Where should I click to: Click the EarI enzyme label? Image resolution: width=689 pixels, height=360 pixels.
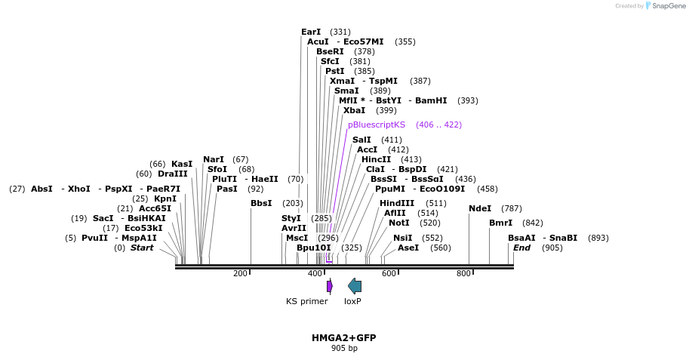tap(311, 32)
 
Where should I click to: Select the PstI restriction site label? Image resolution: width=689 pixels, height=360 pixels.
tap(334, 71)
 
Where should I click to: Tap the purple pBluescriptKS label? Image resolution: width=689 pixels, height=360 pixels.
tap(376, 125)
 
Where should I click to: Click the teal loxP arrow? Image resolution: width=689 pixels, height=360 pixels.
tap(354, 286)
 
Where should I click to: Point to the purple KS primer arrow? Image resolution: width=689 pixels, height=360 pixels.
tap(329, 286)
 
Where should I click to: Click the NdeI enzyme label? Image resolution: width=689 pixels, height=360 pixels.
tap(480, 208)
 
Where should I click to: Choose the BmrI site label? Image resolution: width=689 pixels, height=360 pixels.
tap(500, 223)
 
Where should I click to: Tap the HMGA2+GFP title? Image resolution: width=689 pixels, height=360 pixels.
tap(343, 337)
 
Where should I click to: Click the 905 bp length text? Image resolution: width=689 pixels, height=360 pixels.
tap(343, 348)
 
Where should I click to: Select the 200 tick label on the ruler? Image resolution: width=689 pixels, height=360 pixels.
tap(240, 273)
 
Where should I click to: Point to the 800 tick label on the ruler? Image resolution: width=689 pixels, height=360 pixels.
tap(463, 273)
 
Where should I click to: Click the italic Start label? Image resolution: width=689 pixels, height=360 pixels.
tap(142, 248)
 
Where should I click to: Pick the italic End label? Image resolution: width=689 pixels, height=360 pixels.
tap(521, 248)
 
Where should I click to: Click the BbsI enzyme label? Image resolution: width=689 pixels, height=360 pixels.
tap(261, 203)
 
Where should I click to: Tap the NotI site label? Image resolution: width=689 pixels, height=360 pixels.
tap(398, 223)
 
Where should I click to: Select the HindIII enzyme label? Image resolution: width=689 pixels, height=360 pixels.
tap(397, 203)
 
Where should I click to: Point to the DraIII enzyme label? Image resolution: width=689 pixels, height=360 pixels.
tap(173, 174)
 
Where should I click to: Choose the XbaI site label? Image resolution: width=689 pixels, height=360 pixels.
tap(354, 110)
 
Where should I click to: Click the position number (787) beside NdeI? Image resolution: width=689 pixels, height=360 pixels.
tap(511, 208)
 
